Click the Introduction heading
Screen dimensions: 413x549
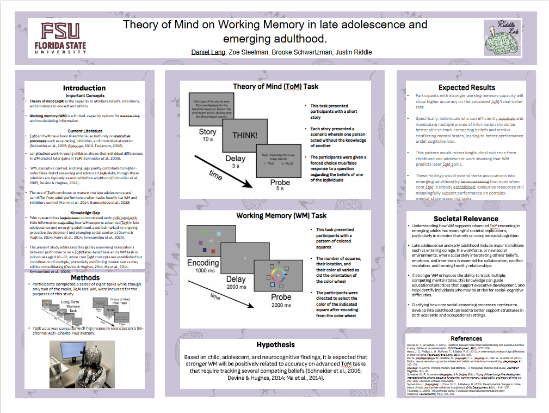pos(84,88)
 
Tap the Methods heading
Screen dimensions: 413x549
pos(85,278)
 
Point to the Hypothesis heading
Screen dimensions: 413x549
pos(275,344)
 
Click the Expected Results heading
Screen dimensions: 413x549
pos(466,87)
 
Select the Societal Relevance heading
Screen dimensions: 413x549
pos(466,219)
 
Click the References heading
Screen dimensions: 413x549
pos(466,338)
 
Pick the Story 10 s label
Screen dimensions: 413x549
pos(207,135)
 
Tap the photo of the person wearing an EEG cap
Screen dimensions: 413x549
pos(82,364)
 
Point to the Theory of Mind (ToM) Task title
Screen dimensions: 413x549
pos(275,86)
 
